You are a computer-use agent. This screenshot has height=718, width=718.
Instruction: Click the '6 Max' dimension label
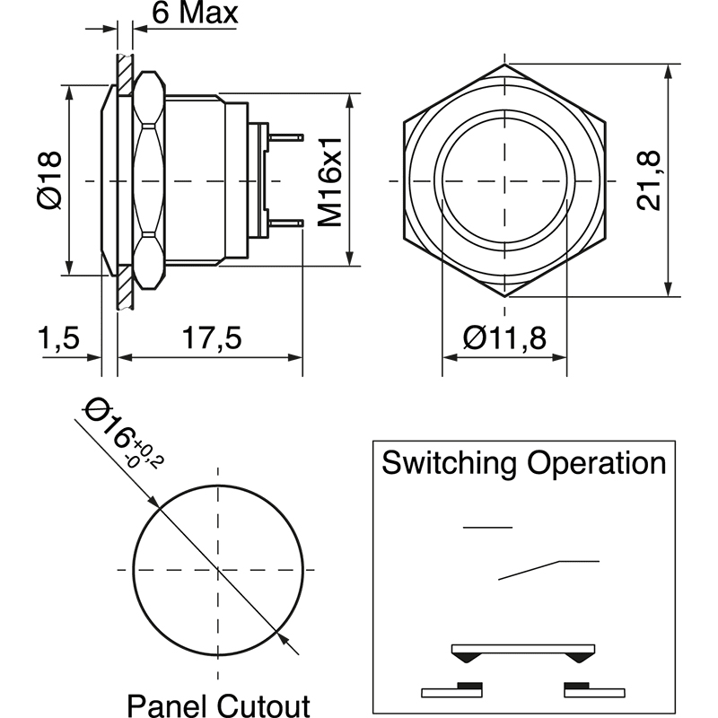point(195,13)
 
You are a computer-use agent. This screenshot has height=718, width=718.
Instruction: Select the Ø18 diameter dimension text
point(50,180)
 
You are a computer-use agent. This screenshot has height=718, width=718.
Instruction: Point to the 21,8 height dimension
point(649,180)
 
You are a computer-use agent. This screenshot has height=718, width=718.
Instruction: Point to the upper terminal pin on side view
point(286,137)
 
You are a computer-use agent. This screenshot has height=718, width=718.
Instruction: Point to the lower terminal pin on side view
point(286,223)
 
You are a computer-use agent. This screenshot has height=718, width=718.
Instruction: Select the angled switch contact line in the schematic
point(530,570)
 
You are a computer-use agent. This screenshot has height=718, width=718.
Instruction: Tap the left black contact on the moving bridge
point(465,659)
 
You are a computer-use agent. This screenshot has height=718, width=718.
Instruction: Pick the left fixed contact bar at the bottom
point(452,690)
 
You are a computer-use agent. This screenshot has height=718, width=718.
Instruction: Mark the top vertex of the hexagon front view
point(504,65)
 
